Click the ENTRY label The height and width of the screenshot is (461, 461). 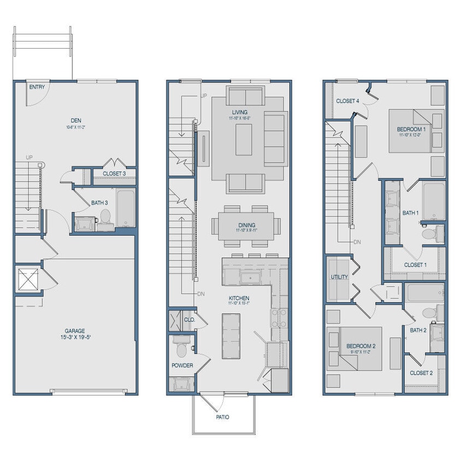click(37, 87)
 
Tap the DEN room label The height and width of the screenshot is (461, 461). click(75, 121)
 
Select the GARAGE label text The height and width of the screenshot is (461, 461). click(75, 330)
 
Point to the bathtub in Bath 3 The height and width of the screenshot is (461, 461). click(126, 208)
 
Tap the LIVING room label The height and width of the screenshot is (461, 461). click(240, 113)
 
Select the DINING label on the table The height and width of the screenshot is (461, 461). click(246, 225)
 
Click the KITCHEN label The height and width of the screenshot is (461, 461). click(239, 298)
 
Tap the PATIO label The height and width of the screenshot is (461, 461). click(222, 417)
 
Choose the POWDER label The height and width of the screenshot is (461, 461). click(182, 365)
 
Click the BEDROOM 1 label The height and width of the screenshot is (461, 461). click(411, 129)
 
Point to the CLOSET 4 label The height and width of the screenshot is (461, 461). click(347, 101)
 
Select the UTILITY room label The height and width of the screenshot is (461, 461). click(339, 277)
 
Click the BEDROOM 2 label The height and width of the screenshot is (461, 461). click(361, 346)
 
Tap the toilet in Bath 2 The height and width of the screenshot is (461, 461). click(429, 313)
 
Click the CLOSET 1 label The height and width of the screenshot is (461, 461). click(415, 265)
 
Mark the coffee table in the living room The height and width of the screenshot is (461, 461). click(244, 139)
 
